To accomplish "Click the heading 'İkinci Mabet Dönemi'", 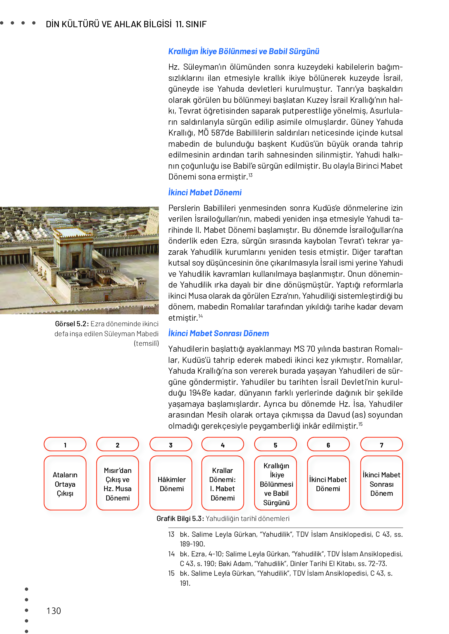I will coord(205,192).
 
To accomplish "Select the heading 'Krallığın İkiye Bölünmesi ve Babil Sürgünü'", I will coord(243,52).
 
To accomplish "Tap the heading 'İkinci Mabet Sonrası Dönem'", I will coord(218,333).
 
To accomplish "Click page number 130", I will coord(54,611).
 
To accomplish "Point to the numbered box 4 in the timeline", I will coord(223,444).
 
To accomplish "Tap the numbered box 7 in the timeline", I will coord(381,444).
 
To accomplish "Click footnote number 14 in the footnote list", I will coord(171,554).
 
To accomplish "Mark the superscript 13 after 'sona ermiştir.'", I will coord(251,175).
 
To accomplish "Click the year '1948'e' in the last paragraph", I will coord(200,393).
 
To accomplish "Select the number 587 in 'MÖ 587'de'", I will coord(218,133).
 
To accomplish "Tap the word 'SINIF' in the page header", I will coord(196,24).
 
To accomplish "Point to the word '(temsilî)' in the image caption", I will coord(146,343).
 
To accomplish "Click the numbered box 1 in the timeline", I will coord(65,444).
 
